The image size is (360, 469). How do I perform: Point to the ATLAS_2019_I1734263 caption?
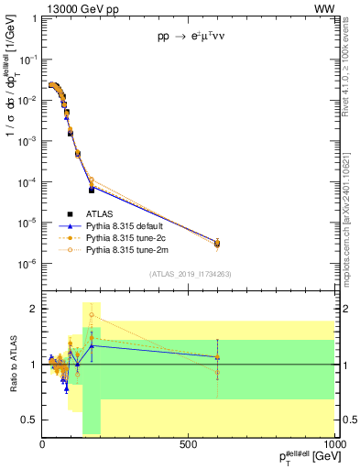pyautogui.click(x=191, y=274)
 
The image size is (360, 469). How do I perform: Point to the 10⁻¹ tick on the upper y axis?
pyautogui.click(x=28, y=59)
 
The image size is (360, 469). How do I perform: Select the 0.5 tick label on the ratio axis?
pyautogui.click(x=28, y=420)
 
